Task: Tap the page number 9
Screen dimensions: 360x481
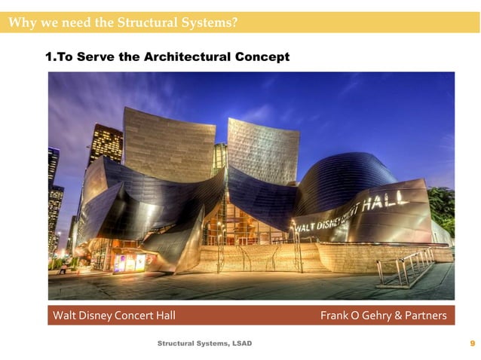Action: pos(472,343)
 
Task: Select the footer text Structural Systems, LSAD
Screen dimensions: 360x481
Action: pos(204,343)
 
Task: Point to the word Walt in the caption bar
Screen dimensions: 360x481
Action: pos(63,316)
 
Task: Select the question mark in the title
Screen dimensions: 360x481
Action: pos(235,22)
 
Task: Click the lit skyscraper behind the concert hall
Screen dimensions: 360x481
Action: pos(105,143)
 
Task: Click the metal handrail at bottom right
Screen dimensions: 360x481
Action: pos(408,268)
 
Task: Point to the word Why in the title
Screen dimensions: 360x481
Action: pos(20,22)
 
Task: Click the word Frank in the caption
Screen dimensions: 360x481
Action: pos(332,316)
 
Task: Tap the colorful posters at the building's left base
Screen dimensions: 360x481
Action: pos(130,262)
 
